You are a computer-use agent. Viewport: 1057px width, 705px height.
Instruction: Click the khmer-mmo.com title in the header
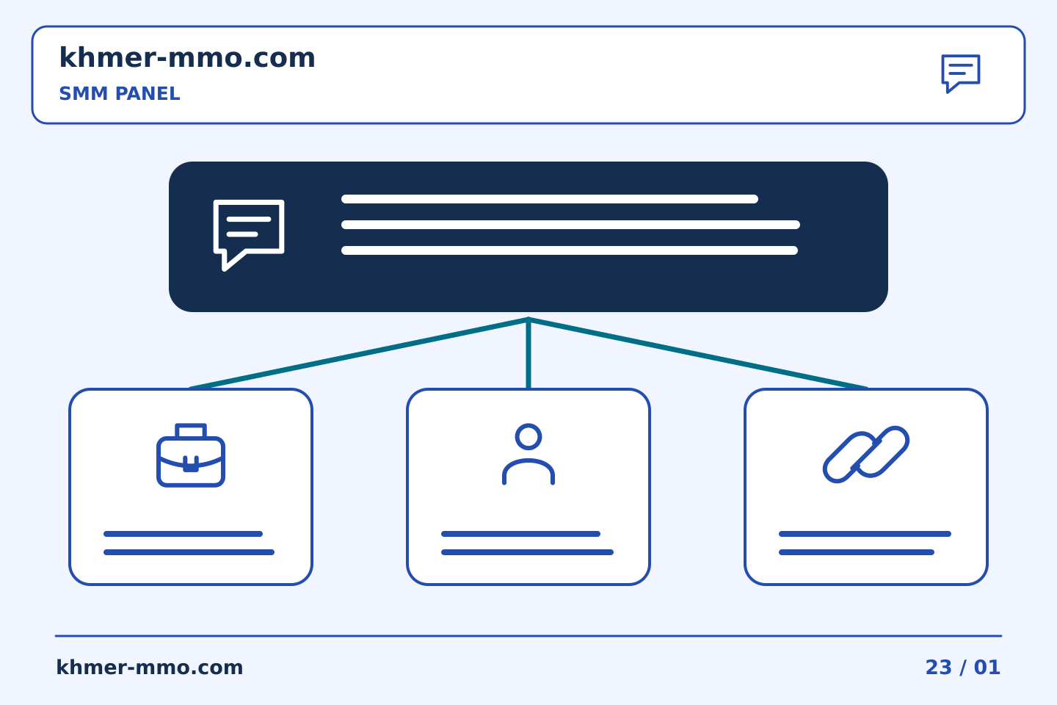[187, 57]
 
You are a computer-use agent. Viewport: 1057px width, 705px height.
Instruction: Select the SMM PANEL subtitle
[120, 93]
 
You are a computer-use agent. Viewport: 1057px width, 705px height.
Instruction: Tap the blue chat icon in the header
[961, 73]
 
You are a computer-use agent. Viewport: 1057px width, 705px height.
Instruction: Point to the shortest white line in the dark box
[550, 199]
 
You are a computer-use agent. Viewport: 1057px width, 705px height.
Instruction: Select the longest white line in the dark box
[570, 225]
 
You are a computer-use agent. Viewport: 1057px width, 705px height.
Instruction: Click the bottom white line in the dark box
[570, 250]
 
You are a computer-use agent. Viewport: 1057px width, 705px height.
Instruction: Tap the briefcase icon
[191, 455]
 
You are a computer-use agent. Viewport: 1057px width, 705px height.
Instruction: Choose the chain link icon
[866, 455]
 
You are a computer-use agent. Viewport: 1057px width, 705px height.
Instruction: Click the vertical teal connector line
[528, 353]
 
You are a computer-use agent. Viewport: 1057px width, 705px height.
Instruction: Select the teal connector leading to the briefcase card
[359, 353]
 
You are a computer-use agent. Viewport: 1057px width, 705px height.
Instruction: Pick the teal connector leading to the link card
[698, 353]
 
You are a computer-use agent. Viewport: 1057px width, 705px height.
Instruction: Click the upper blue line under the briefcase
[183, 534]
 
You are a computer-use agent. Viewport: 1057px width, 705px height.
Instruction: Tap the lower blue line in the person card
[527, 552]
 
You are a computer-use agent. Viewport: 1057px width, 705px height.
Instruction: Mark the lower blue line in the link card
[857, 552]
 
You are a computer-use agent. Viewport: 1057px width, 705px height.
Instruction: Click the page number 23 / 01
[962, 668]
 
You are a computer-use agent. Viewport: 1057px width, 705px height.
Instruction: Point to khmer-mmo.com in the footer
[150, 668]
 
